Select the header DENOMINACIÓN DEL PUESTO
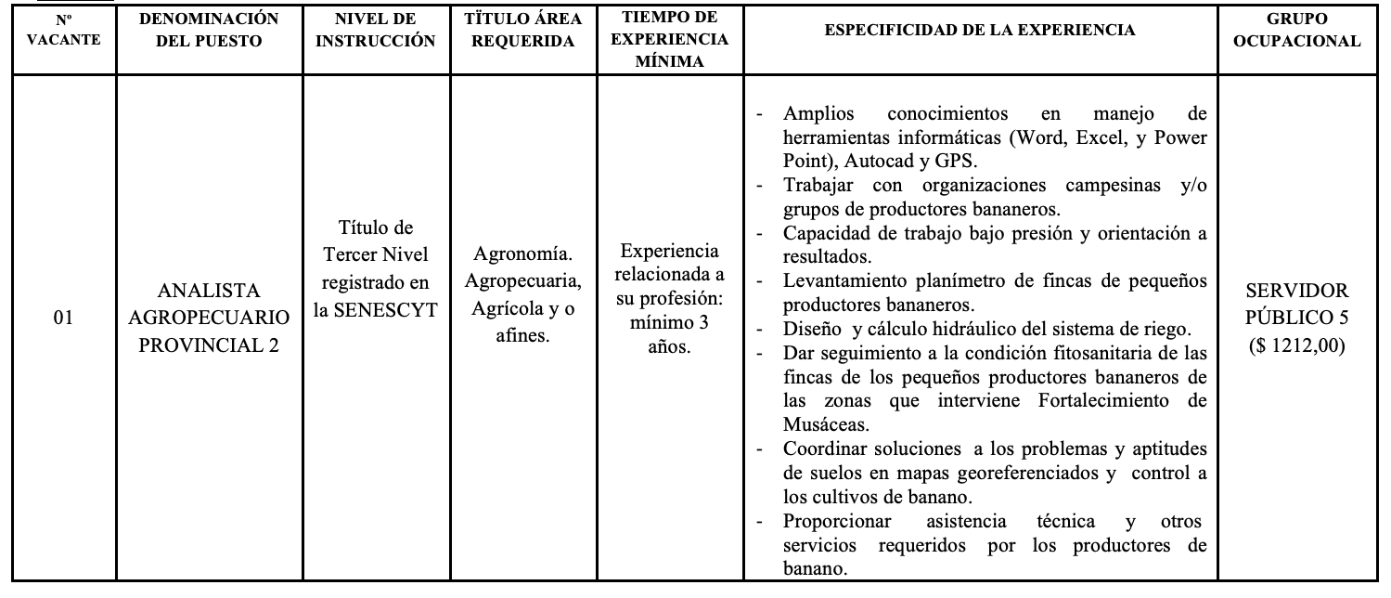click(210, 30)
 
